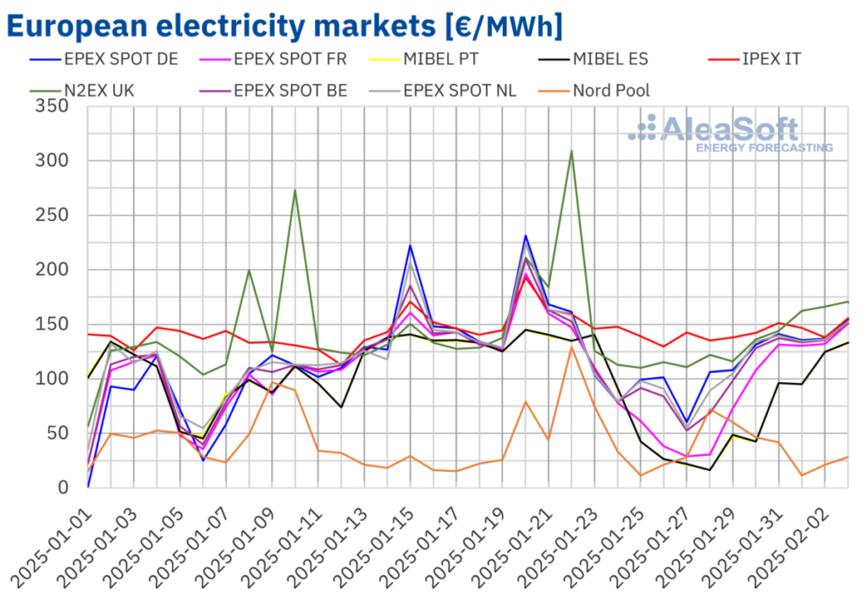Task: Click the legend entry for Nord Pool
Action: pos(610,90)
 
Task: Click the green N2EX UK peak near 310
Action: pos(572,151)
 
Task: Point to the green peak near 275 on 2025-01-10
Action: pos(295,189)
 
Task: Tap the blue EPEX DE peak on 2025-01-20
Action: pos(526,236)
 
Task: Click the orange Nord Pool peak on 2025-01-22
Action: pos(572,346)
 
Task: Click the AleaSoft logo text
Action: pos(728,130)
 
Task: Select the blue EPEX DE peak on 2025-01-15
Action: pos(410,246)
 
